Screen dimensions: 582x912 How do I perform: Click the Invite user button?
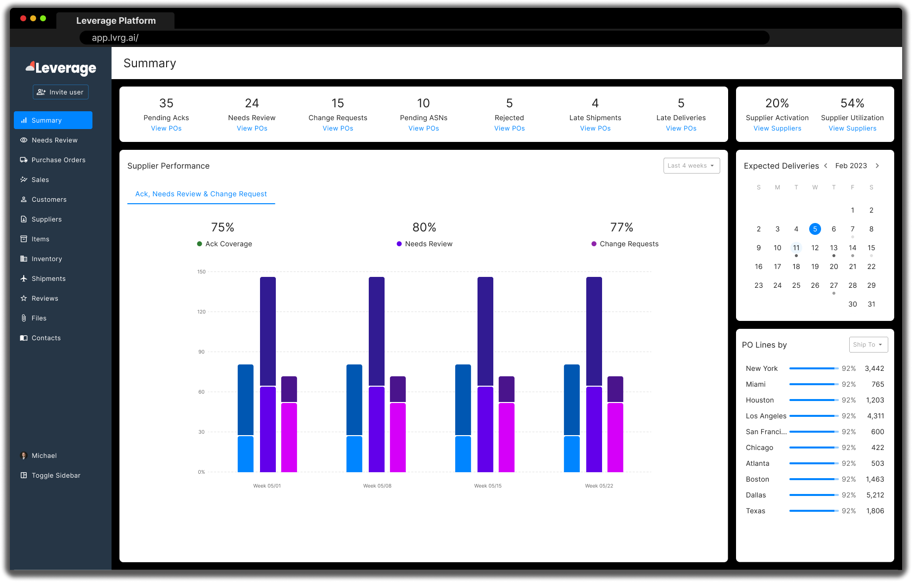coord(61,92)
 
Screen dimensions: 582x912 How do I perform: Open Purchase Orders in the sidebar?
coord(58,160)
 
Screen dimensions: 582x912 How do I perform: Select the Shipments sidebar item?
coord(48,278)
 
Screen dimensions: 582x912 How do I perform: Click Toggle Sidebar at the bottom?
coord(55,475)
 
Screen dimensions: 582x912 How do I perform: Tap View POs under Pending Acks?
coord(166,128)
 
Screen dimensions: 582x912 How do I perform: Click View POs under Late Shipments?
coord(595,128)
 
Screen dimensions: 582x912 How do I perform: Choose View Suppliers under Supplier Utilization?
coord(852,128)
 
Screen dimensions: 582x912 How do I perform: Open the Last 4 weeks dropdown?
coord(691,166)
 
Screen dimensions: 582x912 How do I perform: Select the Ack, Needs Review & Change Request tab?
coord(201,194)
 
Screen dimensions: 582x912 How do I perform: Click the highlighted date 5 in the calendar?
coord(815,229)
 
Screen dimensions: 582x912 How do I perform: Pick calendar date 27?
coord(833,285)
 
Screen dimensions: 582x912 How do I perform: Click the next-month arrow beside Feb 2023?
coord(877,166)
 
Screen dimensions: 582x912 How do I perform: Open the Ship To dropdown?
coord(868,345)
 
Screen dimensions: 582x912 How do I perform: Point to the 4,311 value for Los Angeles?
coord(875,416)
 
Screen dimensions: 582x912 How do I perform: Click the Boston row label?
coord(757,479)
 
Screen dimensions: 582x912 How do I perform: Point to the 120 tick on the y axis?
coord(201,312)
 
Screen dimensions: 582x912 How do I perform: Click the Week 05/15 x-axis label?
coord(487,486)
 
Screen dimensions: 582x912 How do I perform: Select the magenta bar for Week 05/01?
coord(289,438)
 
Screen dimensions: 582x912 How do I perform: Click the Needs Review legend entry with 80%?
coord(428,244)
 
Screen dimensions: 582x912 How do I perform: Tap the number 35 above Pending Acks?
coord(166,103)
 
